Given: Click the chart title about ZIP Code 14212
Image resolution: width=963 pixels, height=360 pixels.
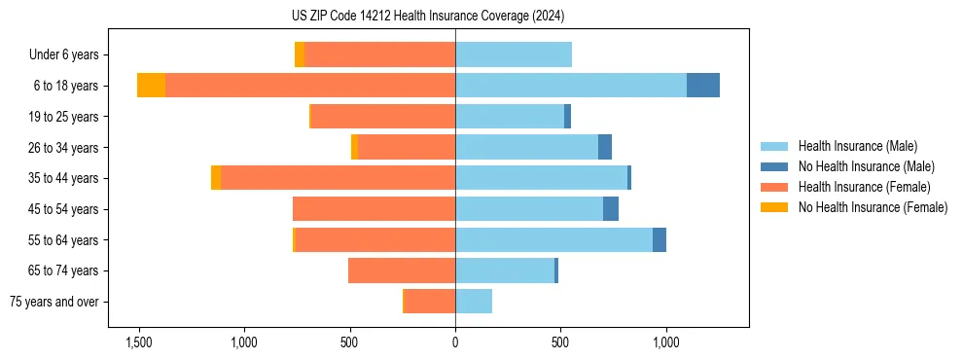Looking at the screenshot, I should pyautogui.click(x=455, y=17).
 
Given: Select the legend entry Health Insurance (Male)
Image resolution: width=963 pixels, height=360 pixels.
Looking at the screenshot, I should pyautogui.click(x=857, y=146).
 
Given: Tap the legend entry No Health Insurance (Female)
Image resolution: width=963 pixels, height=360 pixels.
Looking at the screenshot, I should pyautogui.click(x=873, y=207).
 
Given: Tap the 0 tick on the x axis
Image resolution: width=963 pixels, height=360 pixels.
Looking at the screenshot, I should pyautogui.click(x=455, y=342).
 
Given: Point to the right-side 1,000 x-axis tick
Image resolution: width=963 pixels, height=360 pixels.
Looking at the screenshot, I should pyautogui.click(x=666, y=342).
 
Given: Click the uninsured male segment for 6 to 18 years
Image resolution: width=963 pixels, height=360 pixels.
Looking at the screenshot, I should pyautogui.click(x=703, y=86).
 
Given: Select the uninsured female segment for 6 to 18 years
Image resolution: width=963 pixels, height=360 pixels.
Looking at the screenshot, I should pyautogui.click(x=151, y=86).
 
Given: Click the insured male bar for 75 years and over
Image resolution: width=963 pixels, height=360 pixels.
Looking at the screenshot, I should pyautogui.click(x=474, y=302).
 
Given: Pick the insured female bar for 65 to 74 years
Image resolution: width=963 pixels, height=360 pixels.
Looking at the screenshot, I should pyautogui.click(x=402, y=270).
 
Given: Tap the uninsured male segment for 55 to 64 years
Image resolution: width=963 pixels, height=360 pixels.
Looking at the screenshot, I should pyautogui.click(x=660, y=239).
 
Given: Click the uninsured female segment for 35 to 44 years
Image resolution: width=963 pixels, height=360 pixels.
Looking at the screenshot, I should pyautogui.click(x=216, y=178).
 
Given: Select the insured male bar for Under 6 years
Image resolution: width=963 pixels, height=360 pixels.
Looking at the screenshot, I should pyautogui.click(x=514, y=55).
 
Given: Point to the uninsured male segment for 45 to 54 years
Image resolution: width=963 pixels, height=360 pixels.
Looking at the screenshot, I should pyautogui.click(x=611, y=209).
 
